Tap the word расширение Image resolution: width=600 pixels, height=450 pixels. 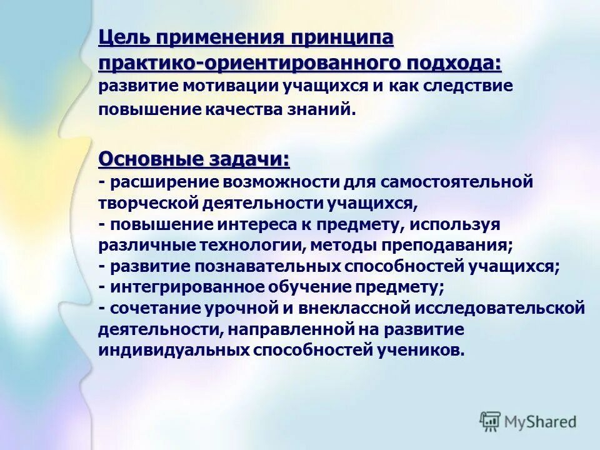pyautogui.click(x=162, y=182)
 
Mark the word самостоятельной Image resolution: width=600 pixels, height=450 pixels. pyautogui.click(x=461, y=182)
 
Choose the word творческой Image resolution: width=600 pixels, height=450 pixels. pyautogui.click(x=147, y=203)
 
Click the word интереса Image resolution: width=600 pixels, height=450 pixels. pyautogui.click(x=240, y=224)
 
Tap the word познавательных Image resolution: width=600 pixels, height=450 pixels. pyautogui.click(x=269, y=266)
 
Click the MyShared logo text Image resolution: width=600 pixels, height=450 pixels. pyautogui.click(x=538, y=421)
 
